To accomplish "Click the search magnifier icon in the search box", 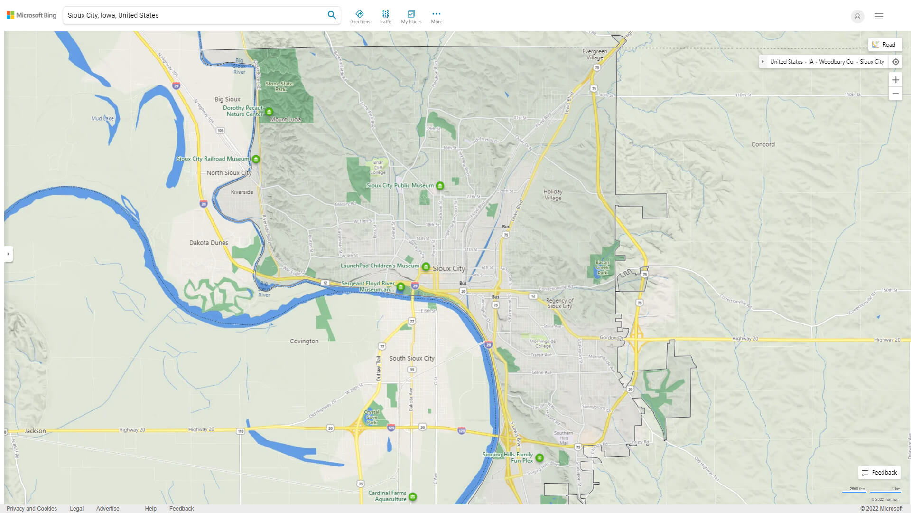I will (x=332, y=15).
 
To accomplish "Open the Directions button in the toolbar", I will (x=359, y=17).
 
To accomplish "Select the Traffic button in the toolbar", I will (x=385, y=17).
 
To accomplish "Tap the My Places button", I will (x=411, y=17).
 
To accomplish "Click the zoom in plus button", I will (x=895, y=80).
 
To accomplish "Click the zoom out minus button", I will (x=895, y=94).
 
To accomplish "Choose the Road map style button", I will (x=884, y=45).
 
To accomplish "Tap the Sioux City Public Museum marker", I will (x=440, y=186).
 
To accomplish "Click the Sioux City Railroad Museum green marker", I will (x=256, y=159).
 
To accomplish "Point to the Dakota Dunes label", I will (x=208, y=243).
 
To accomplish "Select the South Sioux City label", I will (x=411, y=358).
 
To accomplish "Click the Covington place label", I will (x=304, y=341).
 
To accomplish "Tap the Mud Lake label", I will (x=102, y=118).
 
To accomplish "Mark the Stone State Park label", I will (x=279, y=86).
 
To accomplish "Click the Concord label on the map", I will (x=762, y=144).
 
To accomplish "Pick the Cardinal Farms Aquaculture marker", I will (x=413, y=497).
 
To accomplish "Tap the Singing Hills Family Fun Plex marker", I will (x=539, y=458).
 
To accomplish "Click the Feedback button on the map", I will (x=879, y=472).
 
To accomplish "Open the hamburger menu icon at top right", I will (x=879, y=16).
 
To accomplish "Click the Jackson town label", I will (x=35, y=431).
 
